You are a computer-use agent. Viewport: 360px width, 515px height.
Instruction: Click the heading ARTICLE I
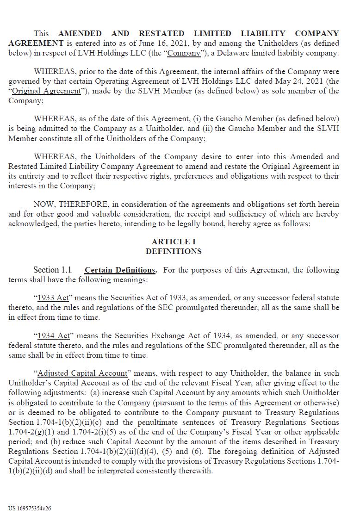point(174,242)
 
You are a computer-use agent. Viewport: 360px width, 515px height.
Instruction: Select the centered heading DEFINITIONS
point(174,251)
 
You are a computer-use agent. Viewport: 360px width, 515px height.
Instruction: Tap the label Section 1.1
point(52,270)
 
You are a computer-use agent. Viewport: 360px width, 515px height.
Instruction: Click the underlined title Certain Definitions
point(120,270)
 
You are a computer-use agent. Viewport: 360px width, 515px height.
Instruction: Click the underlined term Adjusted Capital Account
point(82,373)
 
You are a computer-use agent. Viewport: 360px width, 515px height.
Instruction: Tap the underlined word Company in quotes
point(184,53)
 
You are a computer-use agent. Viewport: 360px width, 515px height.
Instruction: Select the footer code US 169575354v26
point(30,508)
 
